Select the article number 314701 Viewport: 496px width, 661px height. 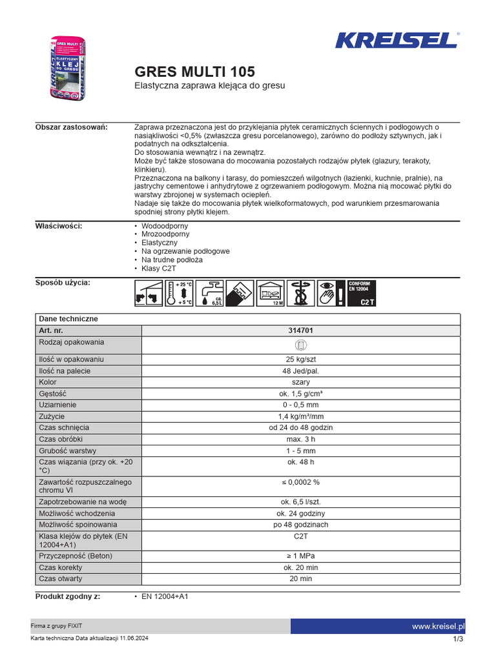tap(301, 330)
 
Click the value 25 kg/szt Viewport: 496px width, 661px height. tap(301, 359)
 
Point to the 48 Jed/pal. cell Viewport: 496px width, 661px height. tap(301, 371)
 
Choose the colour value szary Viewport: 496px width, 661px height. tap(301, 382)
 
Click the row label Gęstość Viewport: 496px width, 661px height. tap(52, 394)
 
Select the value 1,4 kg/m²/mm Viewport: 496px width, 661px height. tap(301, 416)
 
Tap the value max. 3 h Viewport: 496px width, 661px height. tap(301, 440)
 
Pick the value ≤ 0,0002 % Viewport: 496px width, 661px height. tap(301, 482)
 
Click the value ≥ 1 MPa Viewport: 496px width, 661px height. tap(301, 556)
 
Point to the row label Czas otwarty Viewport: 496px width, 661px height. tap(61, 579)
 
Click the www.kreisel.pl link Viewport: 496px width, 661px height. tap(439, 626)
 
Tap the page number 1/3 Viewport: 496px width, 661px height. tap(459, 639)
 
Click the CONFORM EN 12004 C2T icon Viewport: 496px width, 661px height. tap(362, 293)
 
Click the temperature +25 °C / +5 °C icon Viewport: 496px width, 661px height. tap(177, 293)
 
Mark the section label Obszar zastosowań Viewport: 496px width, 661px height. tap(71, 127)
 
